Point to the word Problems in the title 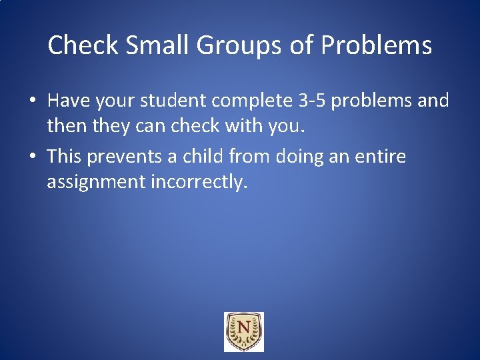(x=376, y=45)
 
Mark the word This (x=63, y=157)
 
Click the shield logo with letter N (x=243, y=331)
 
